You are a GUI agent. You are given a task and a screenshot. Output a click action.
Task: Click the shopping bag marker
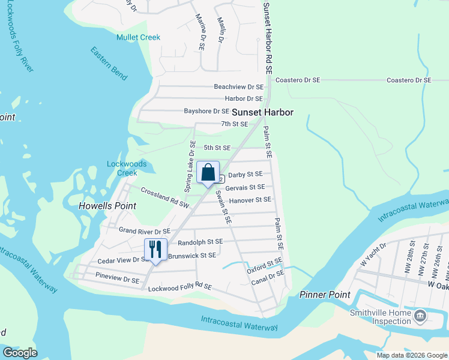point(208,173)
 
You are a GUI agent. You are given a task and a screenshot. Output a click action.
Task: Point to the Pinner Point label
point(325,295)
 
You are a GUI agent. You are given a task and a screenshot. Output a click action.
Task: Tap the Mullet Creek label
point(139,37)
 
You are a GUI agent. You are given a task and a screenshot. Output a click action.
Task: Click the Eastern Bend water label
point(109,64)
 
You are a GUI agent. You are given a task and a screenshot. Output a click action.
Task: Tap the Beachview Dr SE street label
point(239,87)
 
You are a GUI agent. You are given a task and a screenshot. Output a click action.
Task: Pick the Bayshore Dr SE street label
point(206,111)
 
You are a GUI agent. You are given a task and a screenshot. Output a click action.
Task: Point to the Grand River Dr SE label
point(145,230)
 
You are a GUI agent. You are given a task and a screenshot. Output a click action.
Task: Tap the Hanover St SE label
point(250,200)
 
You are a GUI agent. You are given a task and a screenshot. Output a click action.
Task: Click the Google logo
point(20,353)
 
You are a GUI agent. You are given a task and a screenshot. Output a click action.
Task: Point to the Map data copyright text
point(412,355)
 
